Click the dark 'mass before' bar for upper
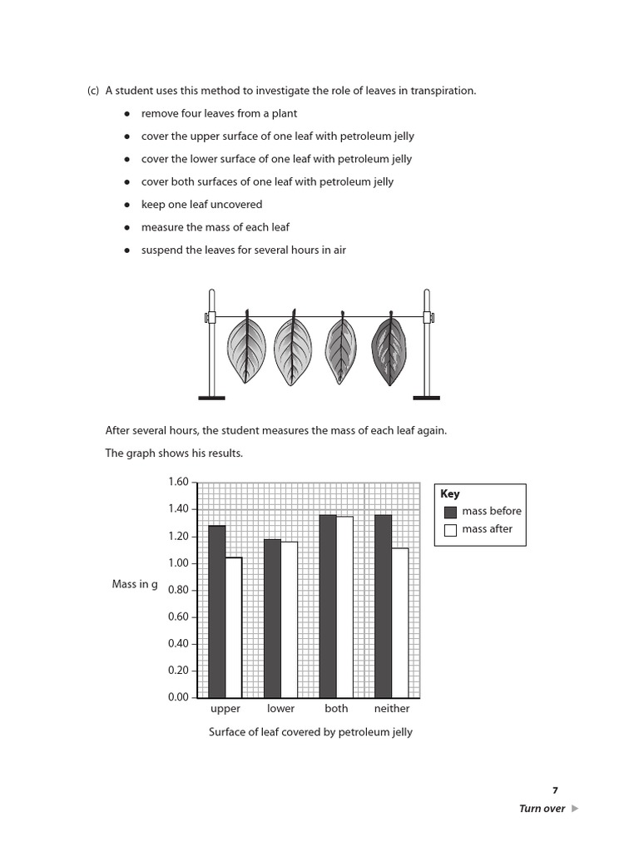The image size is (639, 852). pos(216,612)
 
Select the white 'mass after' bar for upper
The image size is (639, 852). pos(233,627)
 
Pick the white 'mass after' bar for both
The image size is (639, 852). pos(344,607)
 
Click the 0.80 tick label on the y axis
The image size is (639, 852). pos(178,590)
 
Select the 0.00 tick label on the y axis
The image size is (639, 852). pos(178,697)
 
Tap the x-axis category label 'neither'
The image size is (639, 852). pos(392,709)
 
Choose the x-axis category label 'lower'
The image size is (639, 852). pos(280,709)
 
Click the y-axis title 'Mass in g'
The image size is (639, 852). pos(135,584)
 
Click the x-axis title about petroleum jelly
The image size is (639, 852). pos(310,732)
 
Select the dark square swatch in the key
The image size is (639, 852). pos(451,512)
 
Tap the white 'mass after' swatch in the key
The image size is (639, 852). pos(451,530)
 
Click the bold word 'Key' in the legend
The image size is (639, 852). pos(449,493)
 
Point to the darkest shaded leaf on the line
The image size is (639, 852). pos(388,349)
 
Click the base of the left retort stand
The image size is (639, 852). pos(212,398)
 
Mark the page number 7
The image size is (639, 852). pos(555,790)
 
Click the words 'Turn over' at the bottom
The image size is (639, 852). pos(542,809)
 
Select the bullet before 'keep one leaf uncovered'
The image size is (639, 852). pos(126,205)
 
